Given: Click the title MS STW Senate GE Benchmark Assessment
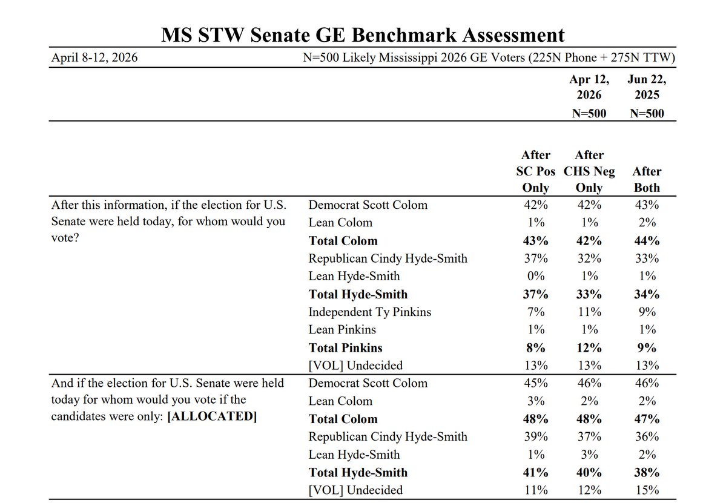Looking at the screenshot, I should click(363, 35).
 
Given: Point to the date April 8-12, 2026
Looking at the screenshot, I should click(94, 58).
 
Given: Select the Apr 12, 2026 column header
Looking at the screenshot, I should click(589, 87).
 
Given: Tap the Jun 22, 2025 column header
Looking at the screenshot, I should click(647, 87).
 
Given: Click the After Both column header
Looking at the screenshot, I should click(647, 179).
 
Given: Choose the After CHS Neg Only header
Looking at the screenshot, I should click(589, 171).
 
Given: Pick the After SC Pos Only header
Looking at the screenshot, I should click(535, 171).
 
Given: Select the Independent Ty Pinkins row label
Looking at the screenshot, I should click(369, 312).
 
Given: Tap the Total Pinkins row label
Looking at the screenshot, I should click(345, 347).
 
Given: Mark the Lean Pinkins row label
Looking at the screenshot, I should click(342, 330).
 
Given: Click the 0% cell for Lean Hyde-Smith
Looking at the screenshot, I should click(535, 276).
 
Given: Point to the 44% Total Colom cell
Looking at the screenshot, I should click(647, 241).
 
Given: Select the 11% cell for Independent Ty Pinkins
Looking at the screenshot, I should click(589, 312).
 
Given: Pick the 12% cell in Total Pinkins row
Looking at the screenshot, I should click(589, 347).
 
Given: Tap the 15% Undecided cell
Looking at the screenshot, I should click(647, 490).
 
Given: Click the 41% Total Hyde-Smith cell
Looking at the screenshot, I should click(535, 472).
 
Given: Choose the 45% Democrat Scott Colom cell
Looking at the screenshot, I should click(535, 383).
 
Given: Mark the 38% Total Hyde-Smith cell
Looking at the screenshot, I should click(647, 472).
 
